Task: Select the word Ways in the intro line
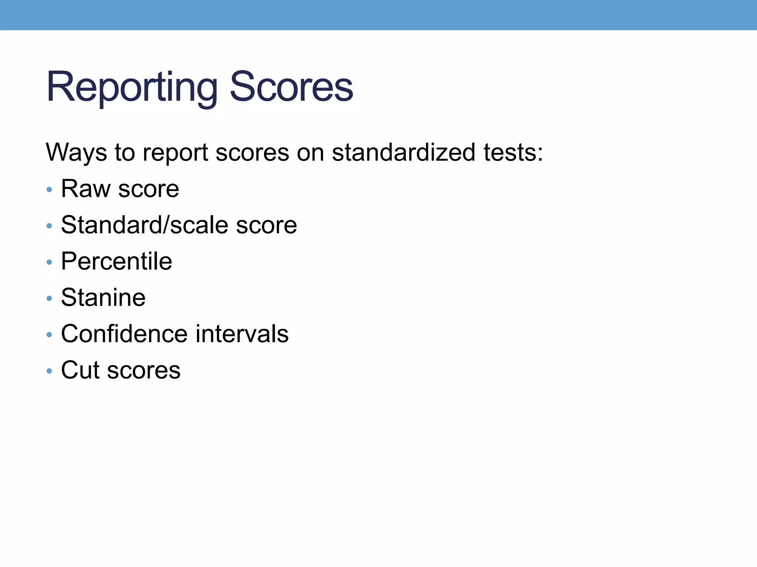[x=76, y=152]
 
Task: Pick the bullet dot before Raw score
[x=49, y=190]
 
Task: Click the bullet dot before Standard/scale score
[x=49, y=226]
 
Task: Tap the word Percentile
[x=116, y=261]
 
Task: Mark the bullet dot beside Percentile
[x=49, y=262]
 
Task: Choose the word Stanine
[x=103, y=297]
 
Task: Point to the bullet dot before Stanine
[x=49, y=299]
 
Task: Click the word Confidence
[x=124, y=333]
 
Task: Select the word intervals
[x=242, y=333]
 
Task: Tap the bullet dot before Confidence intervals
[x=49, y=335]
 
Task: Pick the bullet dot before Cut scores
[x=49, y=371]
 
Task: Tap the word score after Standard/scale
[x=267, y=225]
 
